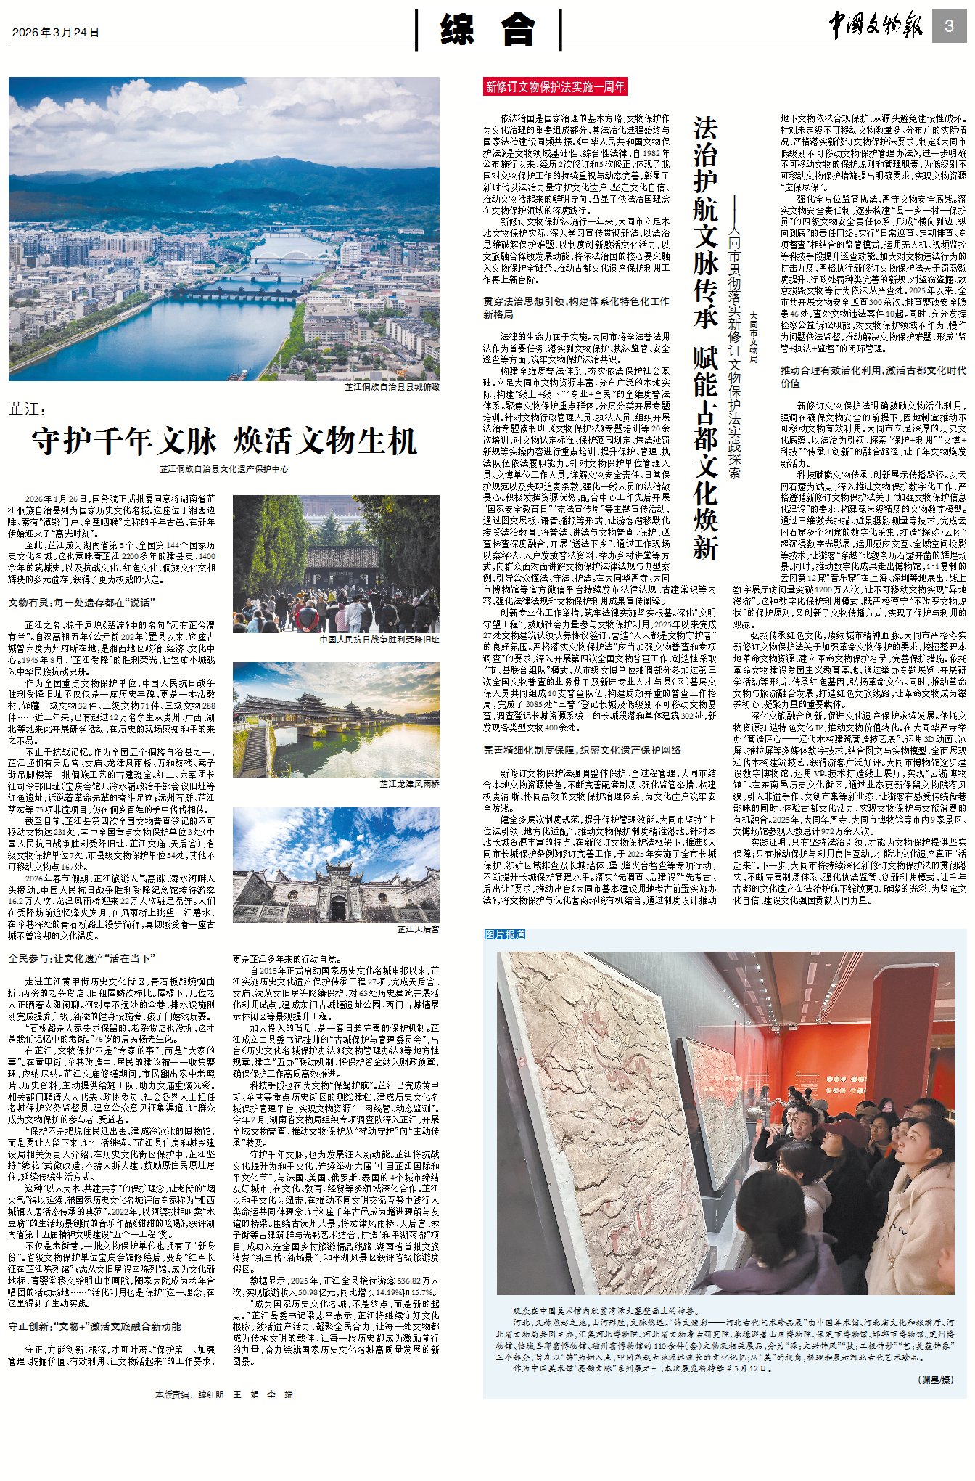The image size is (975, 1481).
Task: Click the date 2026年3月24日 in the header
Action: pyautogui.click(x=55, y=33)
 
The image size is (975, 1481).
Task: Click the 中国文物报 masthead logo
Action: pyautogui.click(x=876, y=27)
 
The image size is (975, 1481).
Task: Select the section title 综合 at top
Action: pyautogui.click(x=487, y=30)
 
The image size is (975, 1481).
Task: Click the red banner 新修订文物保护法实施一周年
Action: pyautogui.click(x=555, y=87)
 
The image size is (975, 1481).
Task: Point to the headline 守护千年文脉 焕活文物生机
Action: pyautogui.click(x=224, y=441)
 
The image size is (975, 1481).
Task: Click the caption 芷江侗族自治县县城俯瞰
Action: pyautogui.click(x=392, y=387)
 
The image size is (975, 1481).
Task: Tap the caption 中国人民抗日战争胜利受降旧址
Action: pyautogui.click(x=379, y=640)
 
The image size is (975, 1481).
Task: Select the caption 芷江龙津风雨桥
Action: pyautogui.click(x=409, y=784)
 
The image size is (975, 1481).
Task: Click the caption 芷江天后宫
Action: pyautogui.click(x=418, y=929)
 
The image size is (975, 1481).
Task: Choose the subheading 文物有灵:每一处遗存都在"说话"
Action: pyautogui.click(x=81, y=603)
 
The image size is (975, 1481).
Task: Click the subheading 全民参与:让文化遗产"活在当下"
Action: pyautogui.click(x=81, y=958)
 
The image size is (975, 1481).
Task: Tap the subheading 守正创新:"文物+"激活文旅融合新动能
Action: pyautogui.click(x=94, y=1326)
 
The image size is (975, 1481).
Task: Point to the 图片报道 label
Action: pyautogui.click(x=505, y=934)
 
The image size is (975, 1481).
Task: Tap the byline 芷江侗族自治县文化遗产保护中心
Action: pyautogui.click(x=224, y=469)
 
